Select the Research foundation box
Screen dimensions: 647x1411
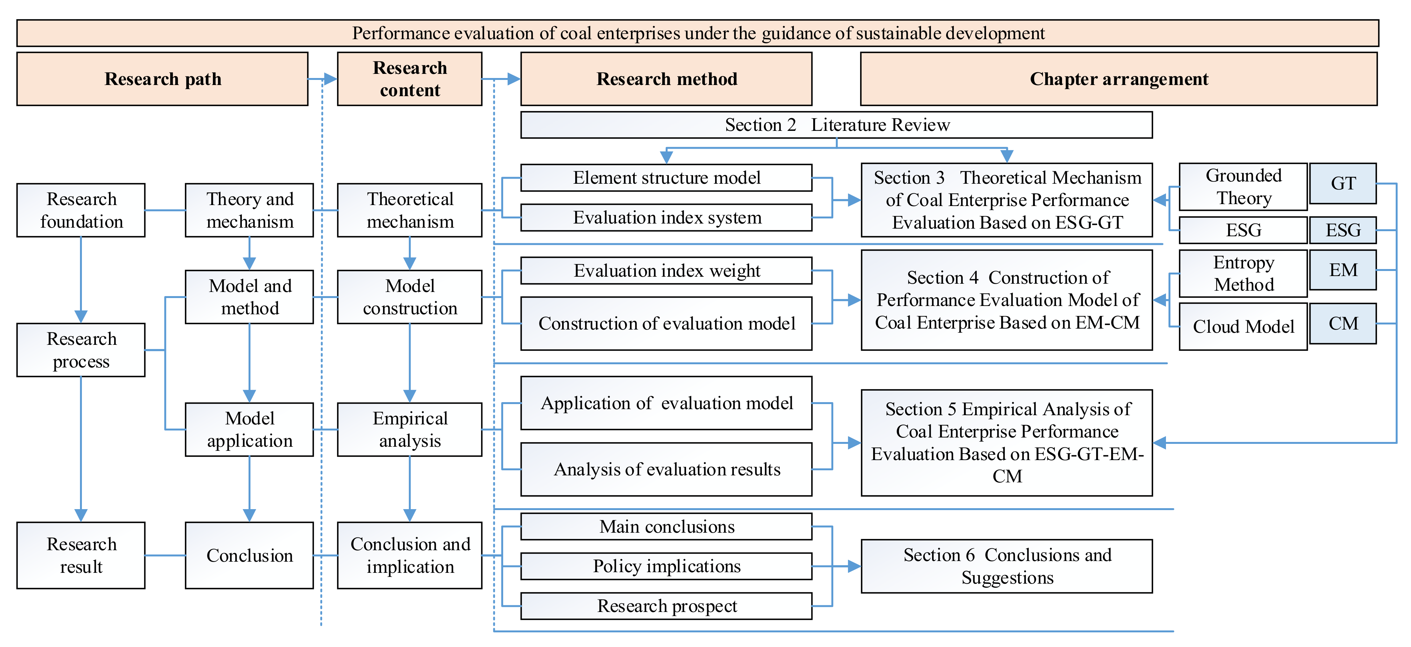click(81, 210)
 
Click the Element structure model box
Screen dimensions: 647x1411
click(666, 178)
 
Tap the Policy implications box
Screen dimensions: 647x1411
click(666, 566)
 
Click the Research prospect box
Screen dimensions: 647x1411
click(666, 606)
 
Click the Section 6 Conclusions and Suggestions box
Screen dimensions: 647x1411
click(1007, 566)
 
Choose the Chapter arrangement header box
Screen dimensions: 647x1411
click(1118, 79)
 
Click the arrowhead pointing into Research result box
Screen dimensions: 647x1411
click(81, 515)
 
